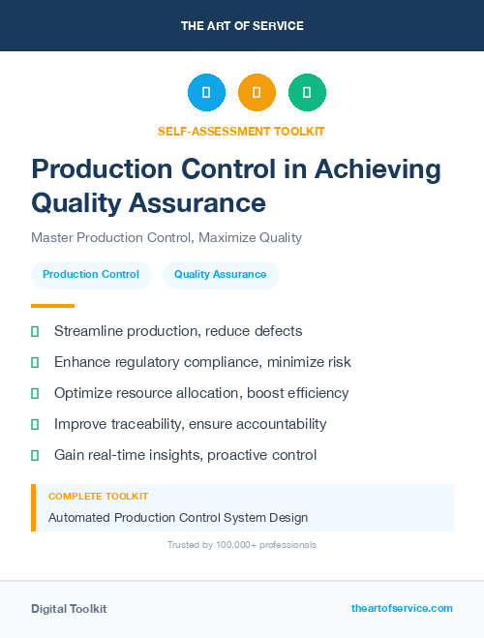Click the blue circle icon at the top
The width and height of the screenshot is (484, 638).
pyautogui.click(x=206, y=92)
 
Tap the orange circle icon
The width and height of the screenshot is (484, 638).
pyautogui.click(x=257, y=92)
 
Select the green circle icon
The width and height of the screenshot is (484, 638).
pyautogui.click(x=307, y=92)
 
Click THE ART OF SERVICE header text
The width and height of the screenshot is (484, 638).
pyautogui.click(x=242, y=26)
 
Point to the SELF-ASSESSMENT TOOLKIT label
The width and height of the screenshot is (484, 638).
pyautogui.click(x=241, y=131)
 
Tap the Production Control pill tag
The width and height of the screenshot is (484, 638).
pyautogui.click(x=91, y=275)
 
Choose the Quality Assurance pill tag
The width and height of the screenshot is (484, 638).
pyautogui.click(x=221, y=275)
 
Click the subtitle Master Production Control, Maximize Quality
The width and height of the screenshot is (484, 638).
pyautogui.click(x=166, y=237)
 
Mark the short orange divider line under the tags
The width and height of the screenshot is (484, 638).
pyautogui.click(x=46, y=305)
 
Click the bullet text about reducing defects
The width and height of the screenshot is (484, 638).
pyautogui.click(x=178, y=331)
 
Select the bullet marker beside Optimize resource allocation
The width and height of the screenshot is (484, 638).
pyautogui.click(x=35, y=393)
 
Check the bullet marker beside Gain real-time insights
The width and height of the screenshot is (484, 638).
pyautogui.click(x=35, y=455)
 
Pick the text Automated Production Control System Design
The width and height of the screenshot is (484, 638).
pyautogui.click(x=178, y=518)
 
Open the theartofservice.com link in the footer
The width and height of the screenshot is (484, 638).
pyautogui.click(x=402, y=608)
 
